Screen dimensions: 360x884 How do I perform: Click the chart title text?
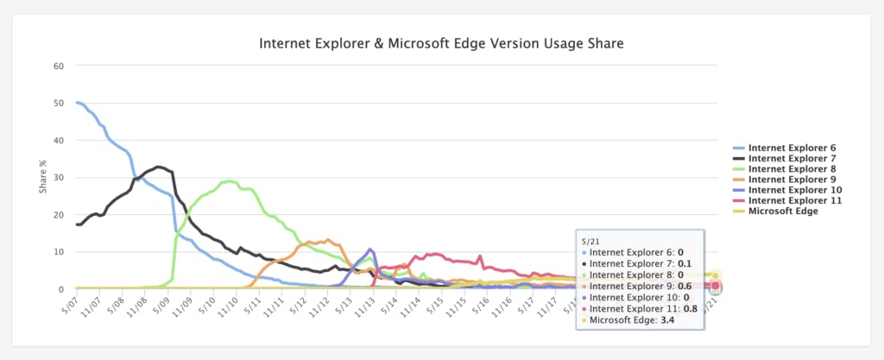coord(441,42)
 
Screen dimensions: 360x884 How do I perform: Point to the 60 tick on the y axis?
coord(59,66)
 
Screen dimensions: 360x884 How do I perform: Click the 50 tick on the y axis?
coord(59,103)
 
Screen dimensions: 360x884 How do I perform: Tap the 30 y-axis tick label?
coord(59,178)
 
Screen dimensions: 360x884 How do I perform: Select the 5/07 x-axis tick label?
coord(68,307)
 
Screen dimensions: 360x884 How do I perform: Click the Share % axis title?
coord(43,177)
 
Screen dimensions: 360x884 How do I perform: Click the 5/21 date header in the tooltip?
coord(590,239)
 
